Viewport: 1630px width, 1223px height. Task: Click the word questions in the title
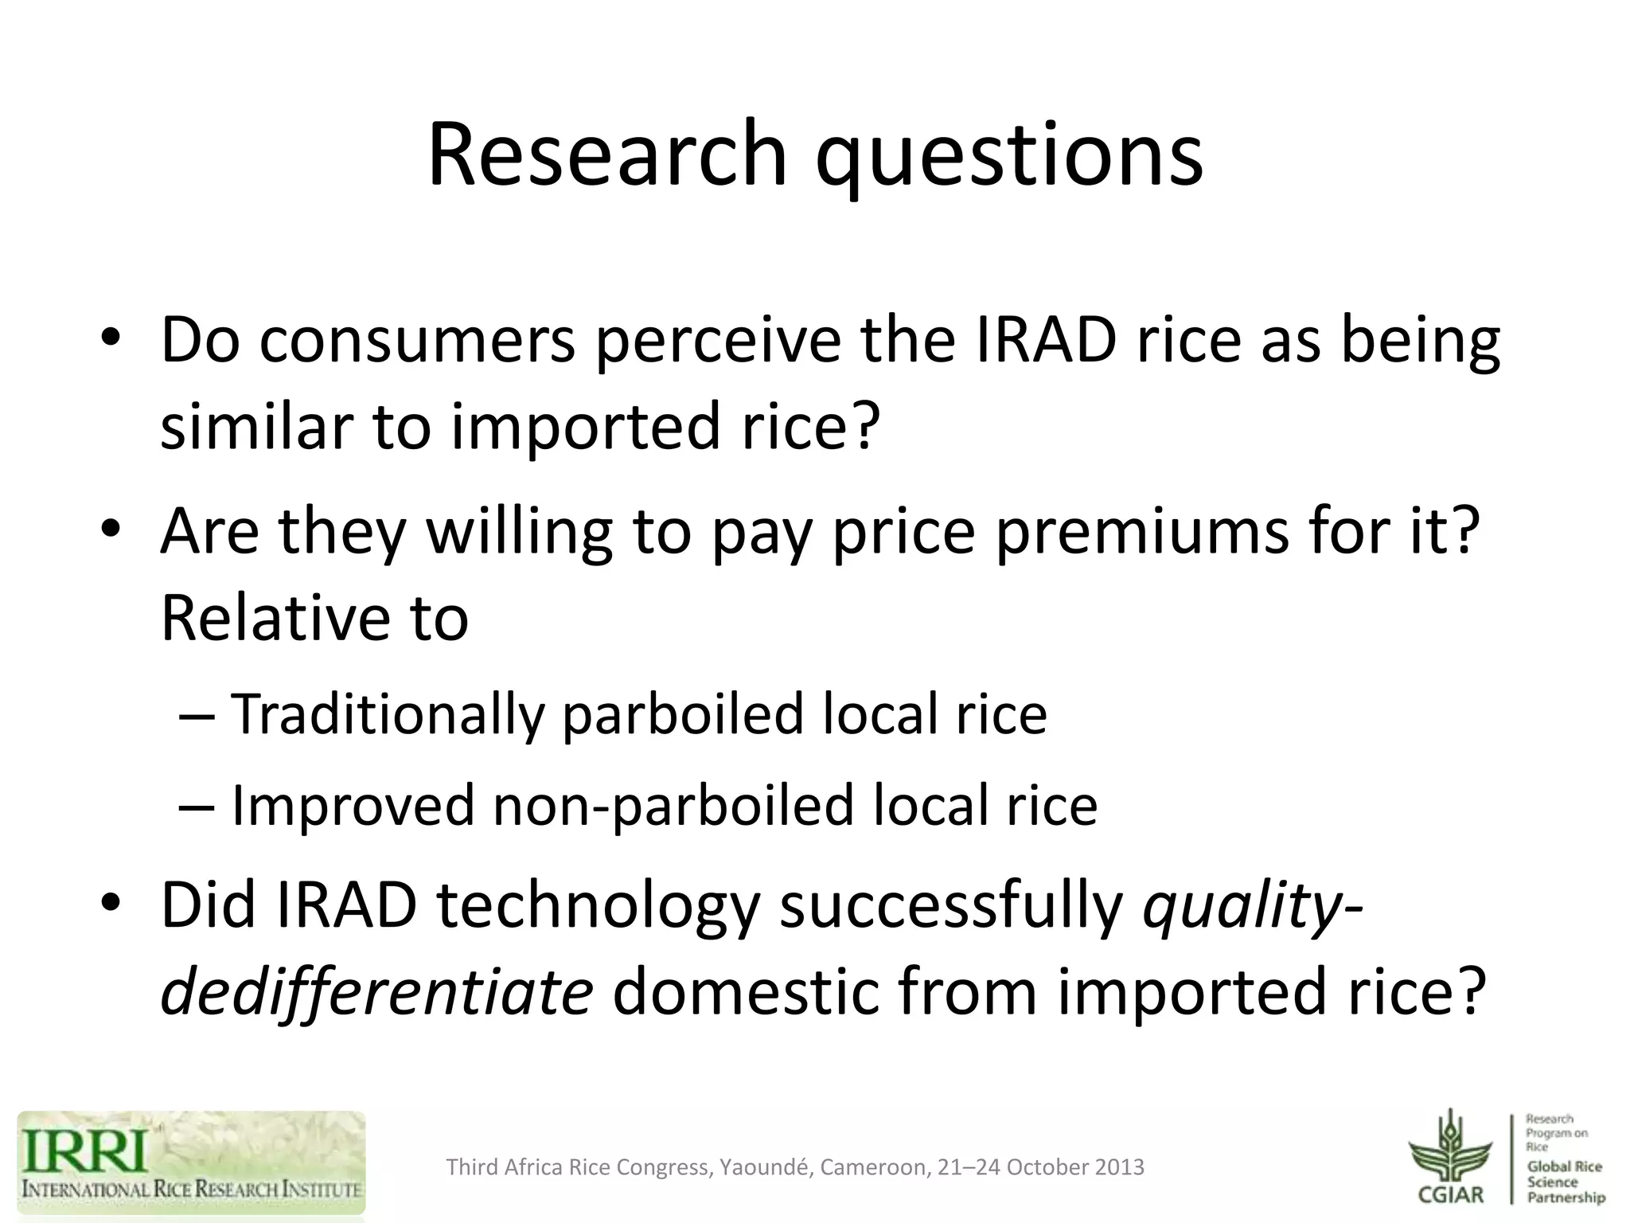point(1009,156)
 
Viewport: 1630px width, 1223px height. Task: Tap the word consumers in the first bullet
point(417,341)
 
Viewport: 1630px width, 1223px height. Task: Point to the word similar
point(256,425)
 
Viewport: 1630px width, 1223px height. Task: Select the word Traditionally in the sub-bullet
point(388,714)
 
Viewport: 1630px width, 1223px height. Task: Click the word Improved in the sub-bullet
point(353,805)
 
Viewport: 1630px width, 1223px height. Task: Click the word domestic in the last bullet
point(744,993)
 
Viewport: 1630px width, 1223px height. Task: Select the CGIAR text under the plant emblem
point(1451,1194)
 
